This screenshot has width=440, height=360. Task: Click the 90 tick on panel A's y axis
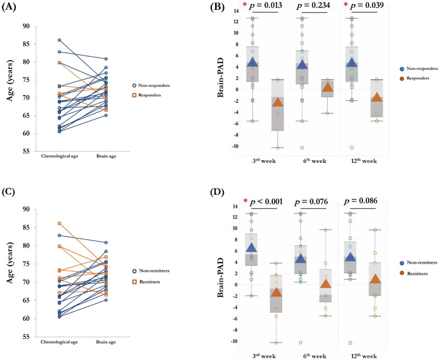(41, 25)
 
